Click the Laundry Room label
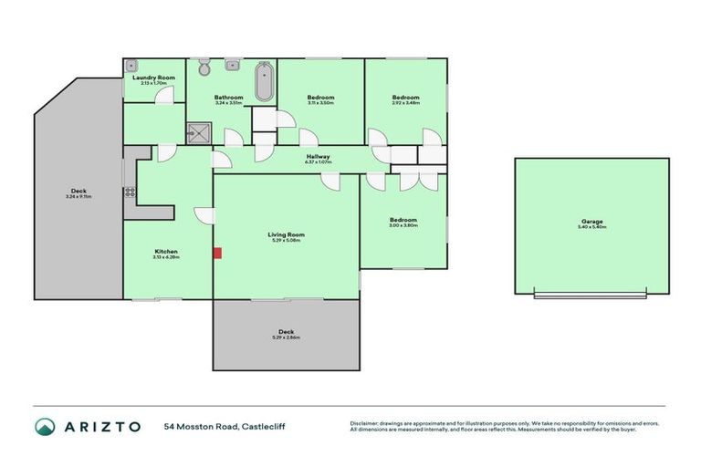[x=152, y=78]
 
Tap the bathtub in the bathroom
[x=263, y=82]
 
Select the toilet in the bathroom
[x=204, y=67]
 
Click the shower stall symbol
[x=197, y=134]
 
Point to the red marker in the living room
[x=216, y=253]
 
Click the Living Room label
[x=286, y=234]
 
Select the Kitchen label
[x=165, y=251]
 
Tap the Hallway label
[x=318, y=156]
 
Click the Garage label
[x=592, y=221]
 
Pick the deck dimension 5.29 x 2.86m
[x=286, y=337]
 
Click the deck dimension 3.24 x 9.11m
[x=78, y=196]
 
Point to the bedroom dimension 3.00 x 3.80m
[x=403, y=225]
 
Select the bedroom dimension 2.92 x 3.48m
[x=406, y=103]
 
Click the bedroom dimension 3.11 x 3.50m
[x=320, y=103]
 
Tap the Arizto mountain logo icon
[x=45, y=426]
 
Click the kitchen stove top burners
[x=131, y=192]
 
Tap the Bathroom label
[x=228, y=98]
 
